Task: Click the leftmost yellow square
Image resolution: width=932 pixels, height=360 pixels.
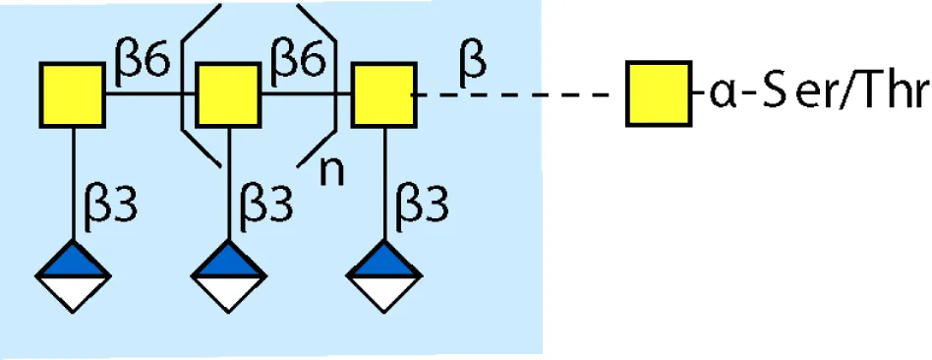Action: pos(73,94)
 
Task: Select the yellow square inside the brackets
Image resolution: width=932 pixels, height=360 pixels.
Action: pos(228,94)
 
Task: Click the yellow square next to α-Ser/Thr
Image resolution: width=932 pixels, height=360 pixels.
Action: pos(659,93)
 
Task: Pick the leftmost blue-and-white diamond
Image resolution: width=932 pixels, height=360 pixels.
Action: pos(73,276)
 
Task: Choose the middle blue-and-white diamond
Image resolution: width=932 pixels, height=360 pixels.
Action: pos(229,276)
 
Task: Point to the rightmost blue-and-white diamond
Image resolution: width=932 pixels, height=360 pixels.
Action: pos(384,276)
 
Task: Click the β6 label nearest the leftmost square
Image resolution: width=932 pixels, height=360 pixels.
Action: pos(143,63)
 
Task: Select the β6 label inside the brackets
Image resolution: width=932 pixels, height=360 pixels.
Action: pos(298,63)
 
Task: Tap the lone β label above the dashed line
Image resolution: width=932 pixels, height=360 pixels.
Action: pos(473,63)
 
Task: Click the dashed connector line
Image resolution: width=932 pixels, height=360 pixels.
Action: pos(517,94)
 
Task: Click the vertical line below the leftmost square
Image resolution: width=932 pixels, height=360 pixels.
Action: pos(73,184)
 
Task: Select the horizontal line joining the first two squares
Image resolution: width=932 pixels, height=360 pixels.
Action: pos(150,94)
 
